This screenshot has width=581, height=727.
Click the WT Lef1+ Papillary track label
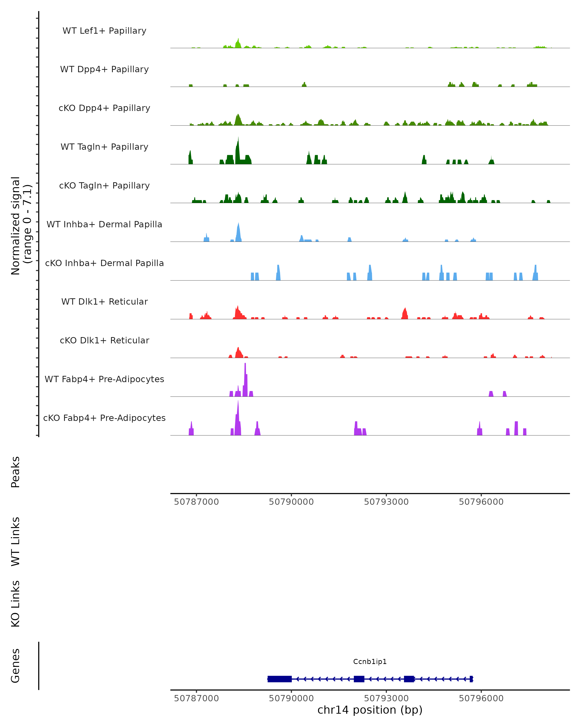coord(104,31)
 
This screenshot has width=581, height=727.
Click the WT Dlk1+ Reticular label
coord(104,301)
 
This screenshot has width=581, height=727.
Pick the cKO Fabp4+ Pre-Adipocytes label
coord(104,418)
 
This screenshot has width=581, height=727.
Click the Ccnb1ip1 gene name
coord(370,662)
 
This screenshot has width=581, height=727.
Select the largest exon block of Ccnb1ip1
coord(280,679)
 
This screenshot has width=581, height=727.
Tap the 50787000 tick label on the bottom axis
coord(196,698)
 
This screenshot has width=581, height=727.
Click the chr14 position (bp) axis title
coord(370,710)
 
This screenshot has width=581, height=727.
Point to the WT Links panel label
coord(15,542)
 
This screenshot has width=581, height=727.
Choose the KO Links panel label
coord(15,604)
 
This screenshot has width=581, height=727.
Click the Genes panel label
coord(15,666)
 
